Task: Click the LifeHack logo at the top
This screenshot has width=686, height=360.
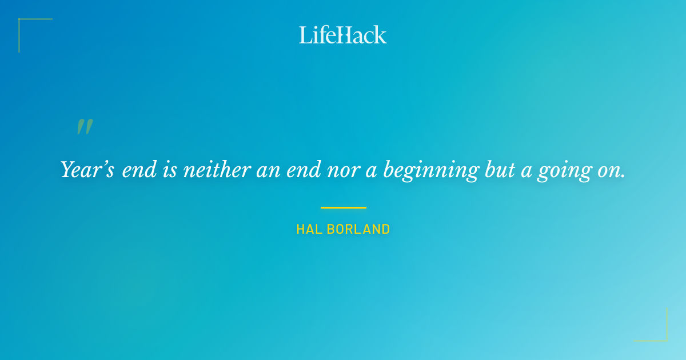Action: (343, 35)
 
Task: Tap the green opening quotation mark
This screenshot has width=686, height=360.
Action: (85, 127)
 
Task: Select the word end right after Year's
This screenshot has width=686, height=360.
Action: (139, 170)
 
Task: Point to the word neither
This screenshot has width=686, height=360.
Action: (217, 170)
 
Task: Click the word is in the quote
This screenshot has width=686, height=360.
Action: (170, 170)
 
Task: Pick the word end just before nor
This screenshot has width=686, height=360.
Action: (304, 170)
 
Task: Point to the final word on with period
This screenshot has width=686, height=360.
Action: (612, 170)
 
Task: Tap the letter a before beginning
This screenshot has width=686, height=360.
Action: (372, 170)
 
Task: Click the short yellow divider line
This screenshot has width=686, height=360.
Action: (343, 207)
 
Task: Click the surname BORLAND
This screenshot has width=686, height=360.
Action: (358, 230)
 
